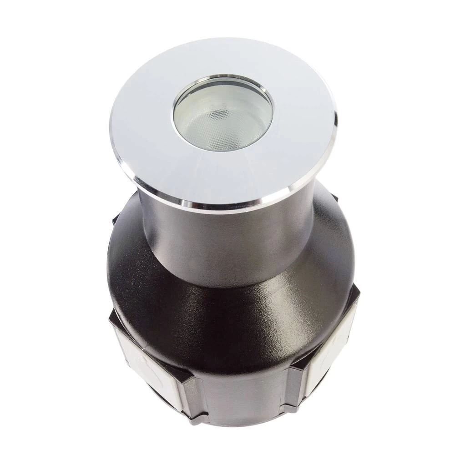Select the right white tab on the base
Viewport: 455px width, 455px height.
click(x=330, y=359)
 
